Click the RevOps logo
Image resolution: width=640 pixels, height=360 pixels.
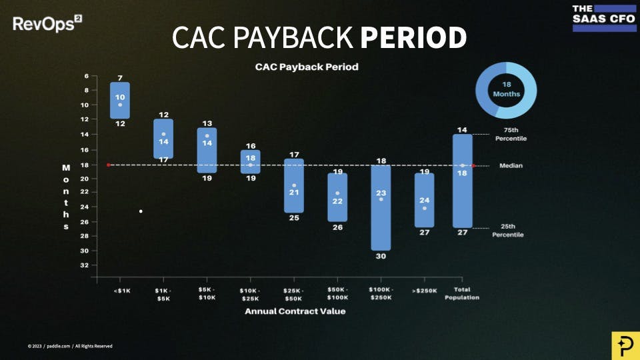47,25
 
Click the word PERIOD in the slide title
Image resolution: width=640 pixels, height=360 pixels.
413,38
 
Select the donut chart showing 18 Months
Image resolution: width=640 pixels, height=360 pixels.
506,90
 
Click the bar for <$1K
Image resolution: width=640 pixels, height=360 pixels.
120,100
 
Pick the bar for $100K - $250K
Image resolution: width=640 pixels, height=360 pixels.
381,207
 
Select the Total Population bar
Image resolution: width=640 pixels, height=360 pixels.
462,181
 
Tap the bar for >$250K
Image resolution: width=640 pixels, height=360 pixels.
425,200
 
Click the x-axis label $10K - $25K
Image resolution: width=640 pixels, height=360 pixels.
250,294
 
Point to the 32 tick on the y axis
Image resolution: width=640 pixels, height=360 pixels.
85,265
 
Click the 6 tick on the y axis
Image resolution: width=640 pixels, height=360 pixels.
86,76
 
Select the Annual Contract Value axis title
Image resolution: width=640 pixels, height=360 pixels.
295,311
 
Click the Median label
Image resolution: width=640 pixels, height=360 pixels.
511,165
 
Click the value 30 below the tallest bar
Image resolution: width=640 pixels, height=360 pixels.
381,256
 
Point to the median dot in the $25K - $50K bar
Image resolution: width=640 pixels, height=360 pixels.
294,185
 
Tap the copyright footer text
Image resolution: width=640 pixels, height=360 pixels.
70,346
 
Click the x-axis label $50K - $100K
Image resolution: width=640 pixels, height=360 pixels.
337,294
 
